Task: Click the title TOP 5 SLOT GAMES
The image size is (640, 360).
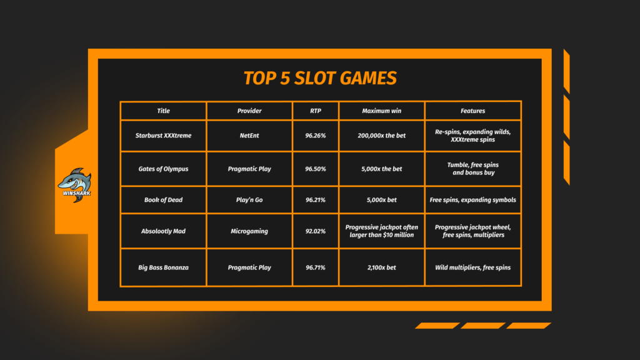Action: coord(320,78)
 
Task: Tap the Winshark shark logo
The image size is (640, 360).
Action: coord(75,185)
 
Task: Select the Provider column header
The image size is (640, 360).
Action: coord(249,111)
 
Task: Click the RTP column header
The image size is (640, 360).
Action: coord(316,111)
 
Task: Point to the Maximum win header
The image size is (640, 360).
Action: coord(382,111)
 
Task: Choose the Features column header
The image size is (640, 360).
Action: coord(472,111)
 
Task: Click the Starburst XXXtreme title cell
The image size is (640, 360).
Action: coord(163,136)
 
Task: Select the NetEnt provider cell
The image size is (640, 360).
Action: coord(249,136)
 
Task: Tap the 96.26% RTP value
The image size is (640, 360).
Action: coord(316,136)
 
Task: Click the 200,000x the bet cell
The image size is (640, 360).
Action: coord(382,136)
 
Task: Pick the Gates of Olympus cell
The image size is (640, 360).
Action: coord(163,169)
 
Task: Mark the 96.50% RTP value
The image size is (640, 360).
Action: coord(316,169)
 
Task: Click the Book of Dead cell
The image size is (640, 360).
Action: coord(163,199)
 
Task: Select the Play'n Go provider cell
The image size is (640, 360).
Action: coord(249,199)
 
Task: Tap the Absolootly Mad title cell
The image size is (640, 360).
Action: coord(163,231)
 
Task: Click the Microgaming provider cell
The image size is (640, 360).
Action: coord(249,231)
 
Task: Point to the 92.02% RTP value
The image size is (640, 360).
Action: coord(316,231)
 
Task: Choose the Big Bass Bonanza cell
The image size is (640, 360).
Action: coord(163,267)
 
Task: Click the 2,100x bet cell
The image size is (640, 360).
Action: coord(382,267)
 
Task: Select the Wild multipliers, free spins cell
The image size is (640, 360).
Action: coord(472,267)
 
